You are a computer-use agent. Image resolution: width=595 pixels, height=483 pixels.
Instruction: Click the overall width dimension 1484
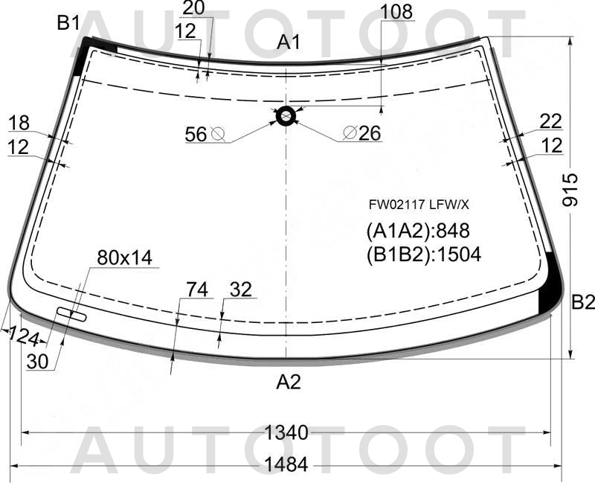click(286, 464)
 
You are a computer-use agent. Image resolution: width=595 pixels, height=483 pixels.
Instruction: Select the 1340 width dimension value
click(286, 432)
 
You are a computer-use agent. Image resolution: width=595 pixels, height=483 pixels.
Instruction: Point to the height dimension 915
click(570, 190)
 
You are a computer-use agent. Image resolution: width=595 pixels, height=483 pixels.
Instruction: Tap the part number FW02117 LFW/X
click(419, 205)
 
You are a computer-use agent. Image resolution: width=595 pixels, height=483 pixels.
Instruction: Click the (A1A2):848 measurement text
click(418, 231)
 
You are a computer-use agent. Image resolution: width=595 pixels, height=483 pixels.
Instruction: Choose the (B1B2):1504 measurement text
click(423, 255)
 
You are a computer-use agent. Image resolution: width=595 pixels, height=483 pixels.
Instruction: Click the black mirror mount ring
click(286, 116)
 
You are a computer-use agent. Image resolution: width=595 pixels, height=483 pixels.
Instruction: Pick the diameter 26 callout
click(361, 133)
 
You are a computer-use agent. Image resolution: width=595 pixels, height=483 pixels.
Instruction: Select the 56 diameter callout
click(205, 134)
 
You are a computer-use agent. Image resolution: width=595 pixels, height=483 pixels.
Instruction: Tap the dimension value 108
click(396, 12)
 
